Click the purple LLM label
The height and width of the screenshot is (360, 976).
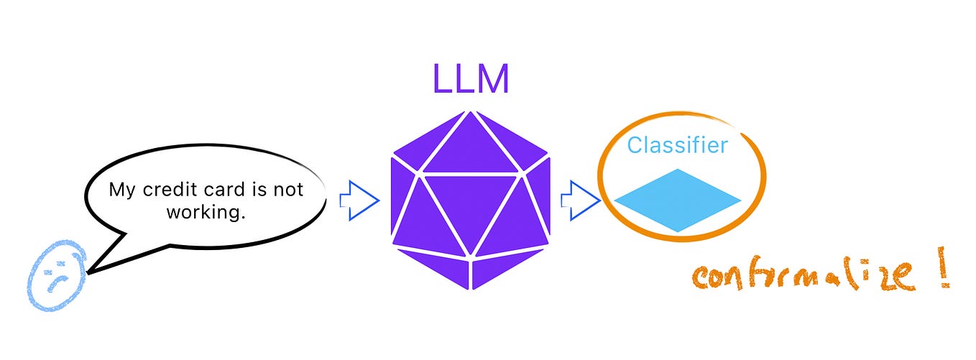(471, 79)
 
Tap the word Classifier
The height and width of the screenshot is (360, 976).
(677, 145)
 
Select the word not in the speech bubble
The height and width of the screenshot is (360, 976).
(288, 190)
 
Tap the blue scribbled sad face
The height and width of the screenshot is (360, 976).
(57, 276)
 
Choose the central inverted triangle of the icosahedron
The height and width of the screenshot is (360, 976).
(471, 205)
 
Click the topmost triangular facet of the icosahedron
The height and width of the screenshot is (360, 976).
(471, 144)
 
